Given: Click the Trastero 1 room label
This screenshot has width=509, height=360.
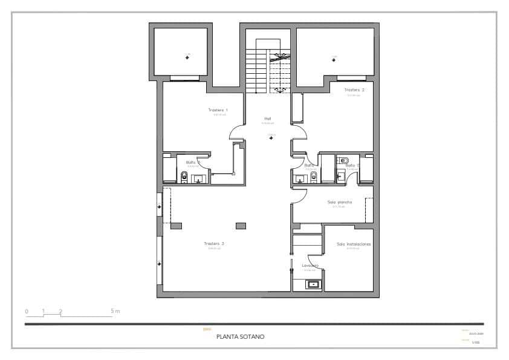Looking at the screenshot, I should click(x=218, y=110).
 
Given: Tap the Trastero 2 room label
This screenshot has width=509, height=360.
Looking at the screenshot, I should click(x=355, y=90).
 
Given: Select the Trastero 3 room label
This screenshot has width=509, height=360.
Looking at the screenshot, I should click(x=215, y=243).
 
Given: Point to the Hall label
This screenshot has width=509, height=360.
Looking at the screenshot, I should click(x=267, y=118).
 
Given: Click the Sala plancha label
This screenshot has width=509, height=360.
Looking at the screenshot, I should click(x=340, y=202).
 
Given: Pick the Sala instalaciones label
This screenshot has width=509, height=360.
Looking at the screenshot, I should click(x=354, y=244).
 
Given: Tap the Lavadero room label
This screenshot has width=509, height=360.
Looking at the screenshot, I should click(x=310, y=265).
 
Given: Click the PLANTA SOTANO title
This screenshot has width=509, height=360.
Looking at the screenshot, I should click(x=240, y=336).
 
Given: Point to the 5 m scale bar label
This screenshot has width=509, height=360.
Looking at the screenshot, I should click(x=115, y=311).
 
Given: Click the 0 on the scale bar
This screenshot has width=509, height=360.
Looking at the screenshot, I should click(x=27, y=311).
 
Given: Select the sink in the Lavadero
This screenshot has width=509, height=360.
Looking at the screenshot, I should click(x=313, y=284).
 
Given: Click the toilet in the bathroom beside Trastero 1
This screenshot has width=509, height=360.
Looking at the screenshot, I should click(x=184, y=177).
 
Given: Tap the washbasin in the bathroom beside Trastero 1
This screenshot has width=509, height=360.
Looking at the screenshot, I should click(x=198, y=178).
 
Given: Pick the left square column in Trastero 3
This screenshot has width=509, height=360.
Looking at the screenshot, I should click(x=176, y=226).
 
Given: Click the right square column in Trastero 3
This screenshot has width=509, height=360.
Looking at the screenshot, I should click(x=241, y=226).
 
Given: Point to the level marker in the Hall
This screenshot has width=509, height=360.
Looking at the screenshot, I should click(x=271, y=138).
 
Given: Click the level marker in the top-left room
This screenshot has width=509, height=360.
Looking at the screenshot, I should click(x=187, y=57).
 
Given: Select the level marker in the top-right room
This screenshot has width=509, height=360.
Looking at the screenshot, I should click(x=333, y=59).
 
